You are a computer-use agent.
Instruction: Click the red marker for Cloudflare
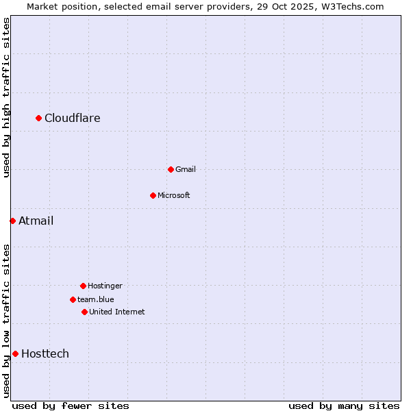[x=39, y=119]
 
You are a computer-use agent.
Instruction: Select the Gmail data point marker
[x=171, y=169]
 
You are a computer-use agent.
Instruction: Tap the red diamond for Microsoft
[x=153, y=195]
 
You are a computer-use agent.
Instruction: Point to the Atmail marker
[x=12, y=221]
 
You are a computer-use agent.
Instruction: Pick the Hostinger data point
[x=83, y=286]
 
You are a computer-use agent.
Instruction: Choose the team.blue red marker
[x=73, y=299]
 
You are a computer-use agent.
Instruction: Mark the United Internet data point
[x=84, y=312]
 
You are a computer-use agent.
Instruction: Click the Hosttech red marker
[x=15, y=353]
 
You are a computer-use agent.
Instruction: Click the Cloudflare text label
[x=73, y=119]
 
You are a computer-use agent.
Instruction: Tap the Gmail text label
[x=186, y=169]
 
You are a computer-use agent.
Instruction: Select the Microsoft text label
[x=174, y=195]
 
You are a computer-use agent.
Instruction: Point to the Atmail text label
[x=36, y=221]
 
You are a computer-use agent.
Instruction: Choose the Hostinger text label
[x=105, y=286]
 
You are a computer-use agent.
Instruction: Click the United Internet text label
[x=117, y=312]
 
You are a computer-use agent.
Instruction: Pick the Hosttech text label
[x=45, y=353]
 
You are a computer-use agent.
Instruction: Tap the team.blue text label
[x=96, y=299]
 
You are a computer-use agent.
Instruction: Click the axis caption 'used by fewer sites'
[x=71, y=406]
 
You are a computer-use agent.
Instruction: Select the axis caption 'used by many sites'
[x=344, y=406]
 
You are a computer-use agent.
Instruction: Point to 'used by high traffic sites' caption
[x=6, y=97]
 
